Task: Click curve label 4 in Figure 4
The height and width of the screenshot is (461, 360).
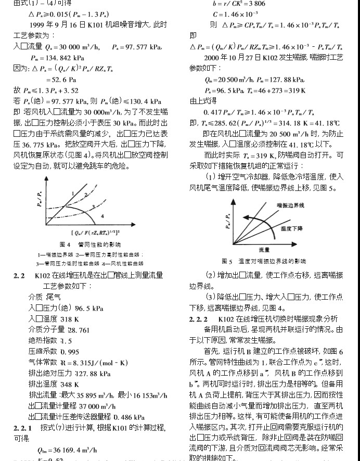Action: pyautogui.click(x=102, y=214)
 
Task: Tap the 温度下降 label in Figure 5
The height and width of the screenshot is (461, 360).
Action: pyautogui.click(x=291, y=228)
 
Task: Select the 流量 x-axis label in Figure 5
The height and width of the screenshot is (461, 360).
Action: pyautogui.click(x=263, y=250)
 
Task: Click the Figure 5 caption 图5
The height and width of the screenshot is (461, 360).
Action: pyautogui.click(x=227, y=261)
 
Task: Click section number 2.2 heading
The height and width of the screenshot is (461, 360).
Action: pyautogui.click(x=19, y=275)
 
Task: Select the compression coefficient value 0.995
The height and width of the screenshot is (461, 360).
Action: pyautogui.click(x=73, y=352)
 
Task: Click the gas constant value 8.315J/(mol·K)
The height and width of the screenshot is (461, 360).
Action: pyautogui.click(x=94, y=363)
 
